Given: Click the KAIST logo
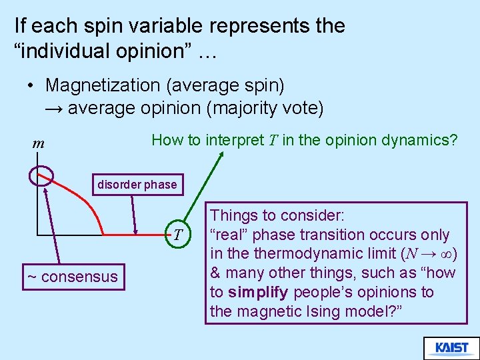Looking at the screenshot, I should coord(451,348).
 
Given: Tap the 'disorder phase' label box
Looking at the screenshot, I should coord(137,185).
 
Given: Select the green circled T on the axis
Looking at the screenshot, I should coord(177,233).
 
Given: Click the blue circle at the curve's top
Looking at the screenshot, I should coord(41,175).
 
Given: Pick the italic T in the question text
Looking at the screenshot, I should coord(273,140).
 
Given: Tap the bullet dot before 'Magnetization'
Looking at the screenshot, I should coord(31,86).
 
